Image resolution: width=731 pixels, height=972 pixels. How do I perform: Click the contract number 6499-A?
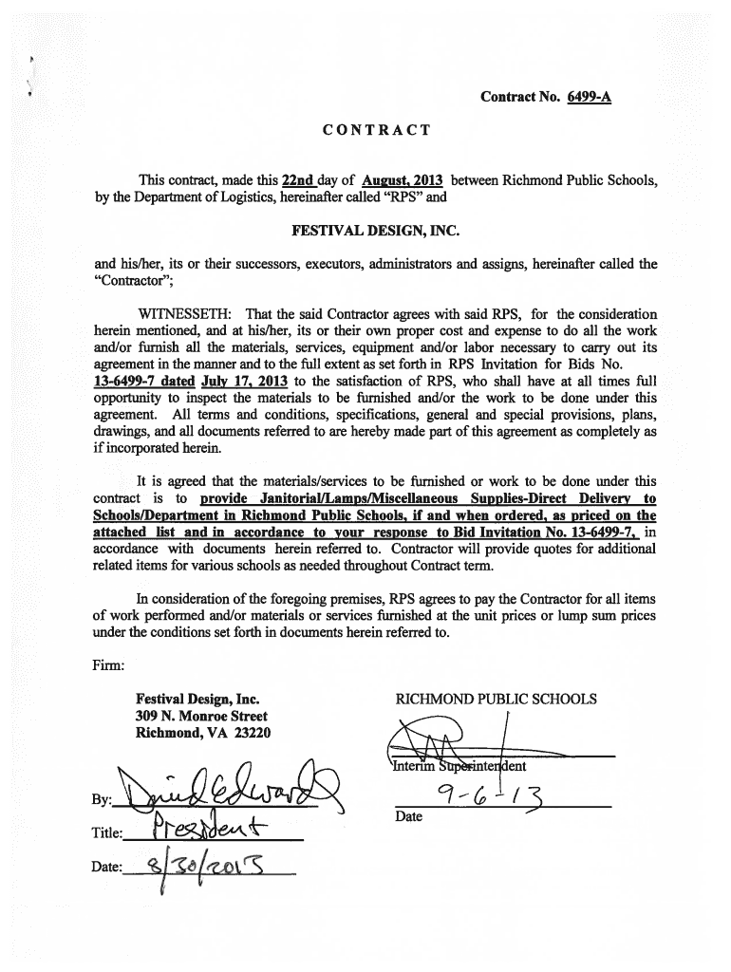coord(583,97)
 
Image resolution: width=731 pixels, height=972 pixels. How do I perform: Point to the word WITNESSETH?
coord(184,314)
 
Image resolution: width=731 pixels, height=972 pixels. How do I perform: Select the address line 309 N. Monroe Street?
coord(201,717)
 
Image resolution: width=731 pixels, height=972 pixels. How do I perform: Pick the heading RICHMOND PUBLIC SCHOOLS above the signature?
coord(496,700)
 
